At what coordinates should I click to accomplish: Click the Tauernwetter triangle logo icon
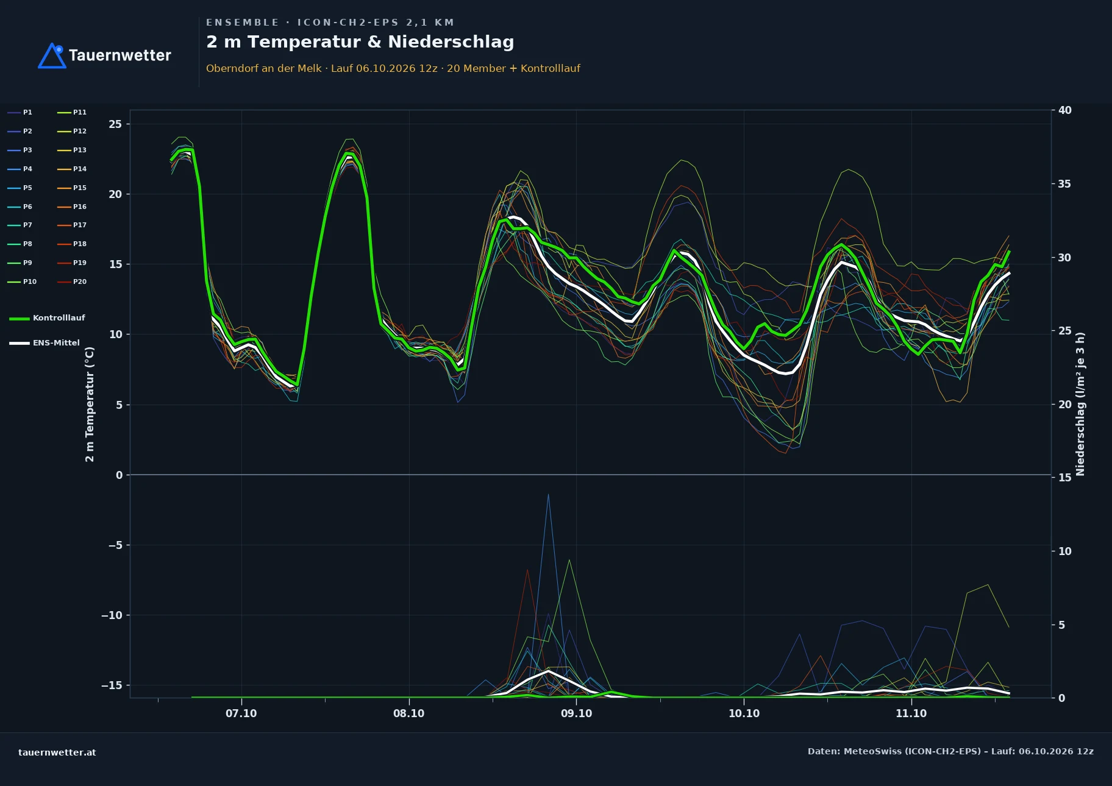point(52,55)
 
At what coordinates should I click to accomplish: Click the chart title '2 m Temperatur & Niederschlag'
point(360,42)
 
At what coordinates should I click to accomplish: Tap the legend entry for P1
point(20,112)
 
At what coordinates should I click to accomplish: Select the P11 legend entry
point(72,112)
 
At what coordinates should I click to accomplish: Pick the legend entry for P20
point(72,281)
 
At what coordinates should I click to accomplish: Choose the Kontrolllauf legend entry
point(47,318)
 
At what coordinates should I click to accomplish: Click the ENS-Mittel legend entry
point(45,343)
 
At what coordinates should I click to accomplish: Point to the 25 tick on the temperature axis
point(115,124)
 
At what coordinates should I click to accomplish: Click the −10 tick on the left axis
point(112,615)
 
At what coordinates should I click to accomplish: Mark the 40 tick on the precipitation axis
point(1065,110)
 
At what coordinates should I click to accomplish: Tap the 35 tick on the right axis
point(1065,184)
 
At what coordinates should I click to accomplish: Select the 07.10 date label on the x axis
point(241,713)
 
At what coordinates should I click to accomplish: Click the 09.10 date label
point(576,713)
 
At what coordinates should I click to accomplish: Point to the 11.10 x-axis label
point(911,713)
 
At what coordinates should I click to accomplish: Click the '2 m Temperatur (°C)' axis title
point(90,404)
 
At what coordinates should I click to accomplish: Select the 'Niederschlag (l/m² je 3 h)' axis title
point(1080,404)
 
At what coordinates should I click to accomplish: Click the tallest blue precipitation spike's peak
point(548,494)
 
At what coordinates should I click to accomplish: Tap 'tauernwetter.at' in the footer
point(57,752)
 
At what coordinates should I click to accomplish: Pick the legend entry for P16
point(72,207)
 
